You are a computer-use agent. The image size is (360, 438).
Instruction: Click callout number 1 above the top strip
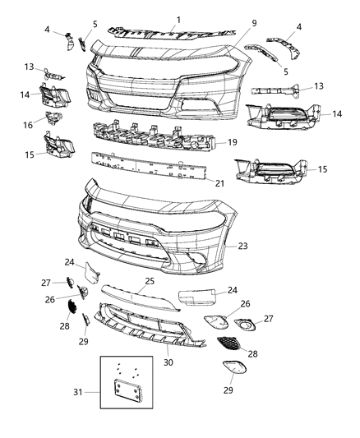[x=178, y=17]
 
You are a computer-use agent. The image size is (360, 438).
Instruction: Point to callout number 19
[x=232, y=141]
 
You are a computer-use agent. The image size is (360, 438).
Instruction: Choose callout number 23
[x=242, y=245]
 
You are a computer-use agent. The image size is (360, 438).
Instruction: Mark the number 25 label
[x=150, y=281]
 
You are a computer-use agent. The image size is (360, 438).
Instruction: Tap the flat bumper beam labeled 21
[x=148, y=168]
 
